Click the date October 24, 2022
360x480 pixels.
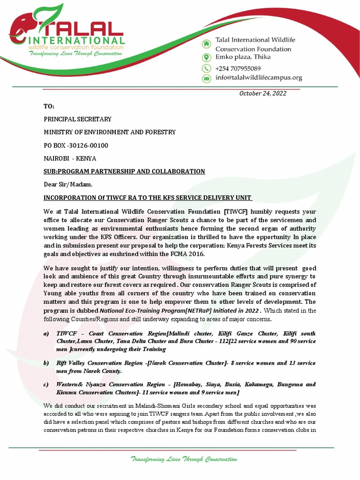pos(262,93)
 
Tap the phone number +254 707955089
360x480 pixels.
pos(238,68)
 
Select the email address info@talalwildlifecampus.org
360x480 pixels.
pos(258,78)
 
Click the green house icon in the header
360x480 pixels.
pos(206,44)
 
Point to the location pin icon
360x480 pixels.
pos(206,57)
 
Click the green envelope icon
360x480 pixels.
pos(206,79)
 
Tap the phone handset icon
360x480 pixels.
pos(206,68)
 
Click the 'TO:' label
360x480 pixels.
pos(49,107)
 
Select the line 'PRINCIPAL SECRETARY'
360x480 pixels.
pos(78,120)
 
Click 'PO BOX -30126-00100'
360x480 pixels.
pos(76,145)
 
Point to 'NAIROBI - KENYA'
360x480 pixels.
pos(70,158)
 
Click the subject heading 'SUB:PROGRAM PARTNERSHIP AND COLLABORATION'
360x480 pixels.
pos(124,172)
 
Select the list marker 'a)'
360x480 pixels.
pos(46,333)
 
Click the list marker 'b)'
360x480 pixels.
pos(46,363)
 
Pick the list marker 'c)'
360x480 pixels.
pos(46,384)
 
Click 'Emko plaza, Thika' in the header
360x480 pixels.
pos(242,57)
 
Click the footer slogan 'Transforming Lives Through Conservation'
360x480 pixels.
pos(184,460)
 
